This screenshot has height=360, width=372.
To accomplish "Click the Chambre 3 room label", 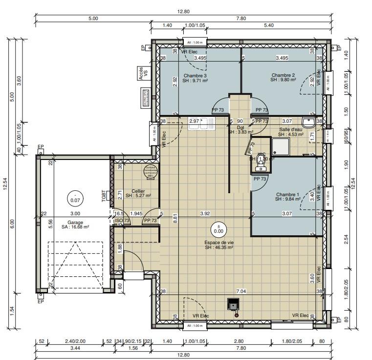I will [195, 76].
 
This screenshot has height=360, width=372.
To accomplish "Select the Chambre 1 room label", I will [287, 194].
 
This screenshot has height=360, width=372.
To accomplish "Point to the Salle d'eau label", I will [291, 130].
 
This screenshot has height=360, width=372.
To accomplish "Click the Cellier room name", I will [138, 191].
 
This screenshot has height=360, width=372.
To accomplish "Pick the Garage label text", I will [75, 223].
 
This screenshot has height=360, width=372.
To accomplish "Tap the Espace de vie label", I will [219, 243].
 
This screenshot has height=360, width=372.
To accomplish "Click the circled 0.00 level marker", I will [218, 229].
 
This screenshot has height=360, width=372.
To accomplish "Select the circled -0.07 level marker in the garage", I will [75, 198].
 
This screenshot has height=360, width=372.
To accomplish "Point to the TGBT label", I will [104, 196].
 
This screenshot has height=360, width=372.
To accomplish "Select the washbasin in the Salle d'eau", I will [309, 122].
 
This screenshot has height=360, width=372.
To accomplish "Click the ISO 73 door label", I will [122, 221].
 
